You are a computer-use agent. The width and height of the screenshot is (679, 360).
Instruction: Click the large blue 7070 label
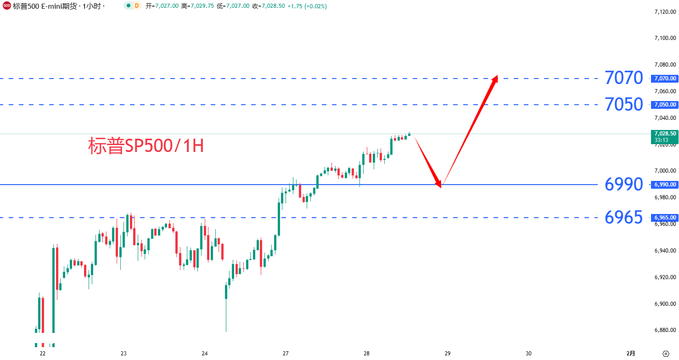pyautogui.click(x=623, y=78)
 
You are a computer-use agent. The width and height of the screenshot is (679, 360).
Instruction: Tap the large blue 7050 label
pyautogui.click(x=623, y=105)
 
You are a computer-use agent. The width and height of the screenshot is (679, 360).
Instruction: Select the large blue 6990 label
pyautogui.click(x=623, y=185)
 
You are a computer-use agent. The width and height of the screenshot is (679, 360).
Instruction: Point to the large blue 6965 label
pyautogui.click(x=623, y=218)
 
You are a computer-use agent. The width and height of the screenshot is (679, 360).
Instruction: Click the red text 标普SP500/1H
pyautogui.click(x=146, y=146)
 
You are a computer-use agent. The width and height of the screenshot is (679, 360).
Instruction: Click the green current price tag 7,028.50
pyautogui.click(x=664, y=133)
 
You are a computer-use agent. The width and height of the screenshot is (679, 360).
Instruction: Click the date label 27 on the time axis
pyautogui.click(x=286, y=354)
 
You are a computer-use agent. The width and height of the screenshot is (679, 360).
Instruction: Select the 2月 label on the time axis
pyautogui.click(x=631, y=354)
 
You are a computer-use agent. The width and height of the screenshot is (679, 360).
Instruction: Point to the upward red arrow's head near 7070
pyautogui.click(x=495, y=78)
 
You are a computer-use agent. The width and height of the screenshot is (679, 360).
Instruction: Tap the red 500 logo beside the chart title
pyautogui.click(x=6, y=6)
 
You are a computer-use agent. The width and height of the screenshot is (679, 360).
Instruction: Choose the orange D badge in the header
pyautogui.click(x=136, y=6)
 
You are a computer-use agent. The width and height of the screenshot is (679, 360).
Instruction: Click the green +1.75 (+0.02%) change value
pyautogui.click(x=307, y=6)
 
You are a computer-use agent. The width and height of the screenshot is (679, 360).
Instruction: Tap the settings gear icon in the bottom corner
pyautogui.click(x=666, y=353)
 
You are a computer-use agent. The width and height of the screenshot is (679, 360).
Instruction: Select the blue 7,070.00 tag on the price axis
pyautogui.click(x=664, y=79)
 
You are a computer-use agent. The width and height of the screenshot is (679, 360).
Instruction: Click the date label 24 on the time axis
pyautogui.click(x=205, y=354)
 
